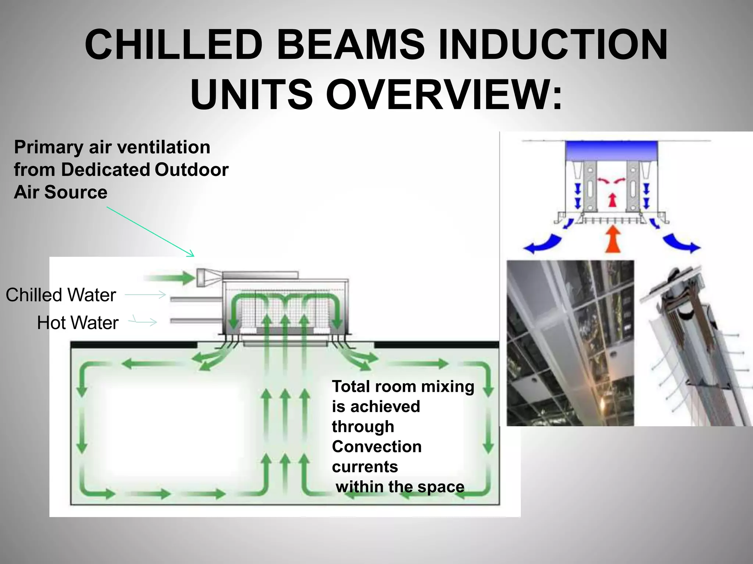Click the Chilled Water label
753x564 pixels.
(x=61, y=295)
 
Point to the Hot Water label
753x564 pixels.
(x=78, y=323)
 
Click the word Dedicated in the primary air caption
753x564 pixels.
(x=106, y=170)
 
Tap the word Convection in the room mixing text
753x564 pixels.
(x=376, y=447)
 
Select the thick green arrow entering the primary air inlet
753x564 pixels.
(x=169, y=277)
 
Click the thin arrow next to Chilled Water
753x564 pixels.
(x=146, y=294)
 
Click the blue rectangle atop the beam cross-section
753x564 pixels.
(x=611, y=151)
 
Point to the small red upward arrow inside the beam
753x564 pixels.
(x=612, y=200)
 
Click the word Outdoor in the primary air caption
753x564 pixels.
(x=192, y=170)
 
